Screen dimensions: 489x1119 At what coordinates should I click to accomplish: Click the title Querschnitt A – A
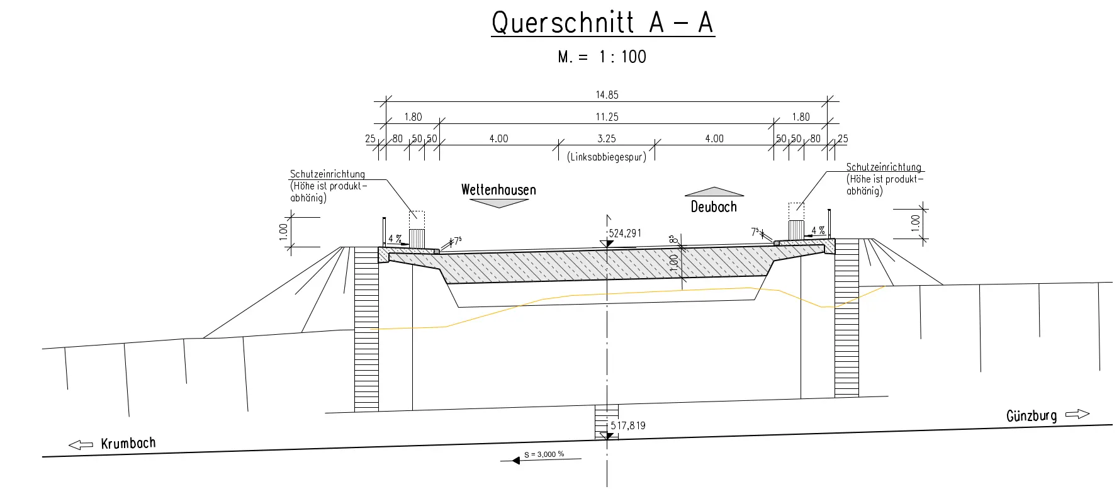602,23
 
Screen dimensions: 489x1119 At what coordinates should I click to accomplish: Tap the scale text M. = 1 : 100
602,57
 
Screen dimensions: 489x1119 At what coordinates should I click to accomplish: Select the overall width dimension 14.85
607,95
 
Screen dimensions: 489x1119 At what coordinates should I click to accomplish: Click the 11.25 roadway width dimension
607,117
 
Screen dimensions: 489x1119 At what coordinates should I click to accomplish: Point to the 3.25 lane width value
607,138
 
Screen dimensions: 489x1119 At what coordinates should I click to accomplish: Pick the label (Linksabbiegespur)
607,157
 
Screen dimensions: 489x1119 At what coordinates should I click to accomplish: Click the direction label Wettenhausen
498,190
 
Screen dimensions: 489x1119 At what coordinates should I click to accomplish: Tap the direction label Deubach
714,206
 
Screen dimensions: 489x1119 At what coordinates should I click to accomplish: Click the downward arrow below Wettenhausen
498,203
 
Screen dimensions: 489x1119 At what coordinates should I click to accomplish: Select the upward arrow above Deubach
714,191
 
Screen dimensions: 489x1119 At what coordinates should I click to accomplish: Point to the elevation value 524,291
625,233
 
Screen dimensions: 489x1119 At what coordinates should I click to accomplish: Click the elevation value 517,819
628,426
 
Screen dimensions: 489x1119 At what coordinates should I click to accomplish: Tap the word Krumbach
128,443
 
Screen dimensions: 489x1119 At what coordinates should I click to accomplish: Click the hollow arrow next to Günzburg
1077,414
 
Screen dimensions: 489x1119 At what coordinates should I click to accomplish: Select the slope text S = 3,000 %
544,454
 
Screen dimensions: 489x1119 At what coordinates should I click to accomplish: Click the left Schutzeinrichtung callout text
328,186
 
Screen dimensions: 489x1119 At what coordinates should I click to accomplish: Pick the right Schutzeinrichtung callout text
884,179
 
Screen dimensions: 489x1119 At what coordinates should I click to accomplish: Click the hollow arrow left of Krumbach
81,445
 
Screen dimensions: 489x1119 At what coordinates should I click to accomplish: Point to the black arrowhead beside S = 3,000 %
516,461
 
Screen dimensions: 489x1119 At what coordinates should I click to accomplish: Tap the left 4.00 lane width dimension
498,138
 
